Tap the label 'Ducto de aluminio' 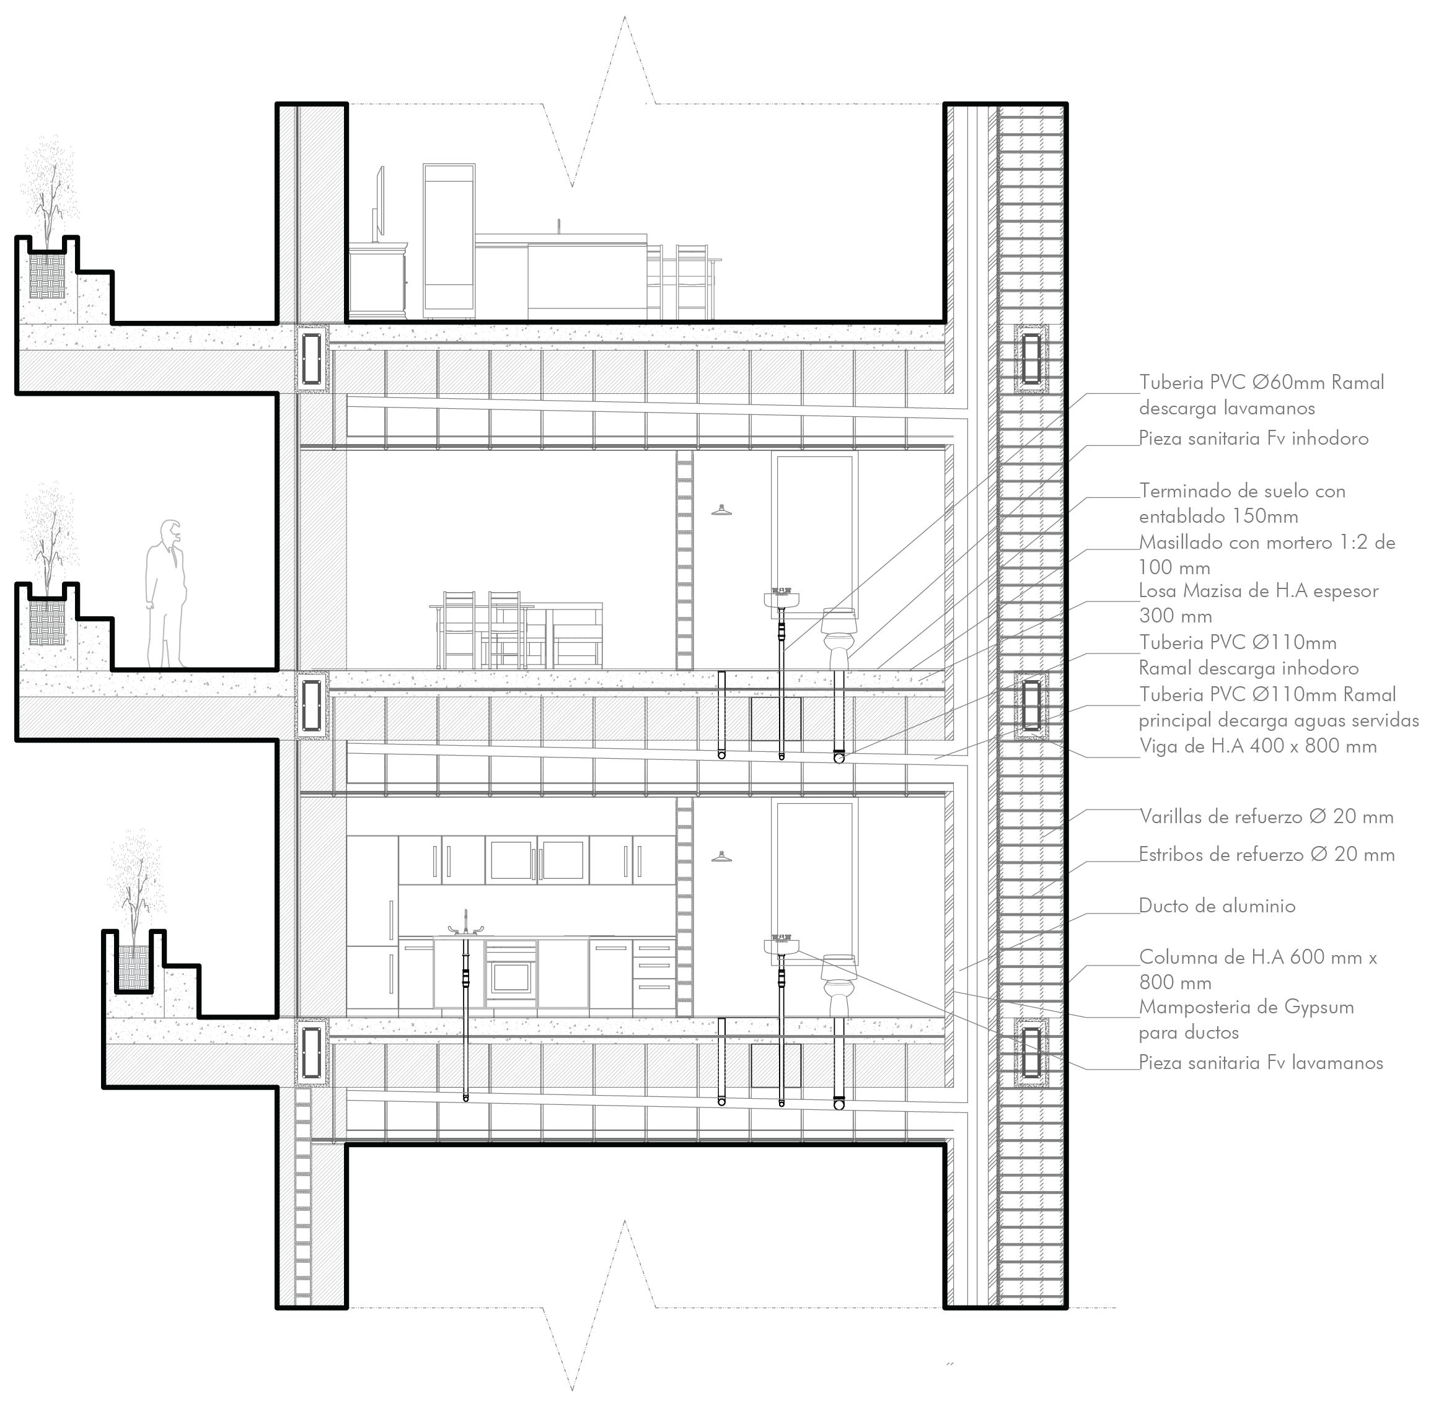coord(1217,906)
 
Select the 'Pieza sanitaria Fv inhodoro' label coord(1254,439)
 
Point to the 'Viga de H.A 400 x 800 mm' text coord(1258,746)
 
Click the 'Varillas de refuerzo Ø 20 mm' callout coord(1266,817)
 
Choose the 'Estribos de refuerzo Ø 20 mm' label coord(1266,854)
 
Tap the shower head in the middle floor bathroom coord(721,510)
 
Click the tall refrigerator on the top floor coord(448,239)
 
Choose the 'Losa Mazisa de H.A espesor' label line coord(1258,591)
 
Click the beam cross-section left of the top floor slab coord(311,357)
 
